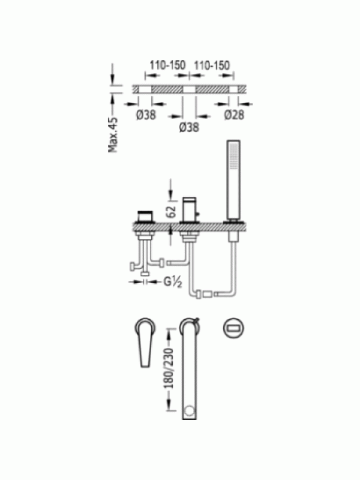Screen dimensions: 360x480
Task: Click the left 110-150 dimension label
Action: [167, 65]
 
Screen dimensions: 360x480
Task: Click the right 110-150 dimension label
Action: [212, 65]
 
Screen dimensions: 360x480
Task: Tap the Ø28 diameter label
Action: [234, 115]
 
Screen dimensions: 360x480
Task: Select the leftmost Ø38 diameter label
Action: [146, 115]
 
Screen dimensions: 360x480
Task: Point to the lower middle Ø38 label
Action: [189, 127]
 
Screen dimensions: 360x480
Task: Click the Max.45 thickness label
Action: [113, 135]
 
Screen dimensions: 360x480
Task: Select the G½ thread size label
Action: [173, 281]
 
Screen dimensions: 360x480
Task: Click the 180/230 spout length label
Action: [169, 368]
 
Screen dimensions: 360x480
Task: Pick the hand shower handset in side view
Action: [233, 181]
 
